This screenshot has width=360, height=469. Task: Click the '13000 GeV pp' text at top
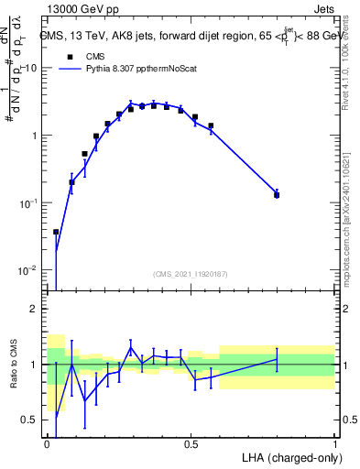tap(80, 9)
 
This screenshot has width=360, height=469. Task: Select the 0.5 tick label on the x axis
tap(191, 443)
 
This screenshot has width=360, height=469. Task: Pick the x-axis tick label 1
tap(334, 443)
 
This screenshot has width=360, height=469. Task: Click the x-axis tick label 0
tap(47, 443)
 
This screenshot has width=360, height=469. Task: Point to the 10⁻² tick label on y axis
tap(27, 270)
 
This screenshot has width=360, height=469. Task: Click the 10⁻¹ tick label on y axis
tap(27, 203)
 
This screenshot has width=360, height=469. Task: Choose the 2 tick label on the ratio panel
tap(34, 309)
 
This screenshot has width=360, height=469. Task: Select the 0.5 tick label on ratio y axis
tap(30, 420)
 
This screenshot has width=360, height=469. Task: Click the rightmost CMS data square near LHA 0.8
tap(277, 195)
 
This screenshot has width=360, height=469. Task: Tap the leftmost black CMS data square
tap(56, 233)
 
